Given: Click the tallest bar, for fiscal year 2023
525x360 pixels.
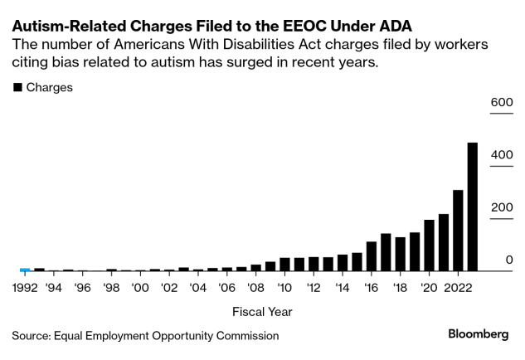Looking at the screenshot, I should (472, 207).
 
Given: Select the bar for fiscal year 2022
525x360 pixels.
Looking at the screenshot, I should (457, 231).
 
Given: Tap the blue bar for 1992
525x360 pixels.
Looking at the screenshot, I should (25, 270).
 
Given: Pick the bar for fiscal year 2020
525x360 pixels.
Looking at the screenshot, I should (429, 246).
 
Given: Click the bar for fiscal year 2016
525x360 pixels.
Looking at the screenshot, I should (371, 256).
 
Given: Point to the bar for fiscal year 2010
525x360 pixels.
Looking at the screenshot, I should (284, 265).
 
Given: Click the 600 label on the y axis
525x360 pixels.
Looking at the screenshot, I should (503, 102).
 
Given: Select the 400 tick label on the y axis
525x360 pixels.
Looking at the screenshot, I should (503, 154).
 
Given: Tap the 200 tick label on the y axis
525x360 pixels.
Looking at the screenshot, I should (503, 207).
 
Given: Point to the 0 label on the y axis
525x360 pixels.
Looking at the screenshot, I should (509, 260).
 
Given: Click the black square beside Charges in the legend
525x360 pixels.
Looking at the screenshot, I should (17, 88).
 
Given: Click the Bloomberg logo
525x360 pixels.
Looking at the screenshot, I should (478, 334).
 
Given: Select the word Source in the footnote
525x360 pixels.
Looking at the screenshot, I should (32, 336).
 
